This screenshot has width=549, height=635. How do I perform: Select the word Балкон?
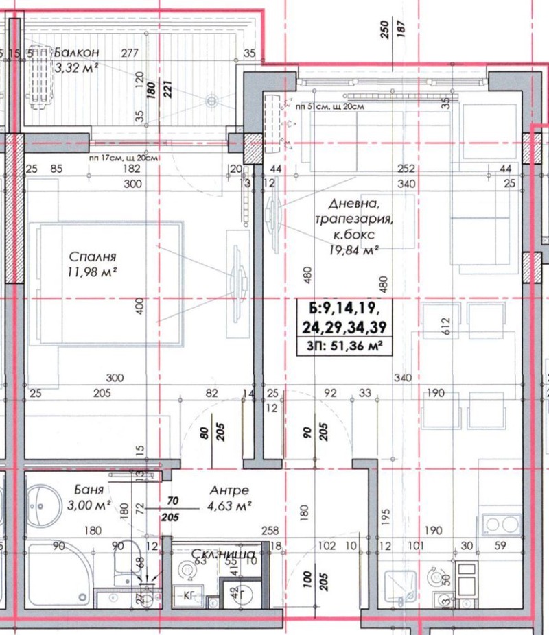coord(77,53)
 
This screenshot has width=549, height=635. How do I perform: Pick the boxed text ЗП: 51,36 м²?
coord(340,346)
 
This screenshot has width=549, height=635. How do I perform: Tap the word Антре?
coord(229,491)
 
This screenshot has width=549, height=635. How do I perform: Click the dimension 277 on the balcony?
coord(128,53)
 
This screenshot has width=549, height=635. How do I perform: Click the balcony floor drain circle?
coord(211,100)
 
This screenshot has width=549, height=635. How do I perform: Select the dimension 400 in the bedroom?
coord(139,307)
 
